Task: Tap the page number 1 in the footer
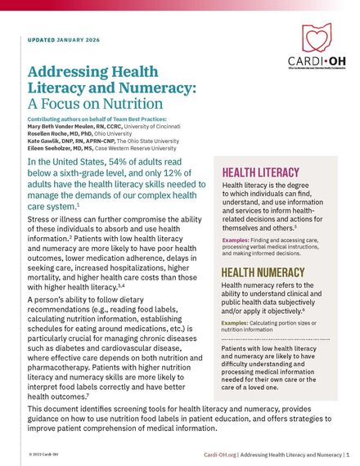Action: (x=349, y=453)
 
